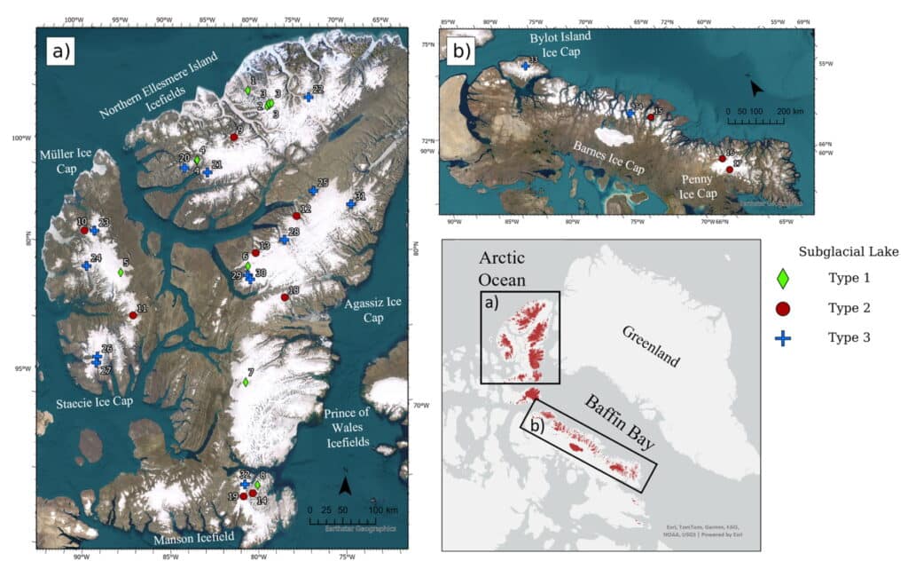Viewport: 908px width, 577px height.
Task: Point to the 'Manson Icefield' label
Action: pyautogui.click(x=192, y=537)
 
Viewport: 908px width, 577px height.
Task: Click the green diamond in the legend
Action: pyautogui.click(x=783, y=279)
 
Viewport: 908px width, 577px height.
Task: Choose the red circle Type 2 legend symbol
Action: pyautogui.click(x=783, y=308)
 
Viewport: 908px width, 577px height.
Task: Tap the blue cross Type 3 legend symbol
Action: pyautogui.click(x=783, y=337)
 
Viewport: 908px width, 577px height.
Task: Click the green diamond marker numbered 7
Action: pyautogui.click(x=246, y=383)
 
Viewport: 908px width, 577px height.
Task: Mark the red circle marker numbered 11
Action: pyautogui.click(x=132, y=315)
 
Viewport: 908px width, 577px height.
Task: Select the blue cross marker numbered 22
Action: pyautogui.click(x=308, y=97)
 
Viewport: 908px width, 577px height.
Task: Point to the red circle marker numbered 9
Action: pyautogui.click(x=234, y=137)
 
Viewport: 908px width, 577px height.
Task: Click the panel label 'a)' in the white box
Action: pyautogui.click(x=60, y=51)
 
